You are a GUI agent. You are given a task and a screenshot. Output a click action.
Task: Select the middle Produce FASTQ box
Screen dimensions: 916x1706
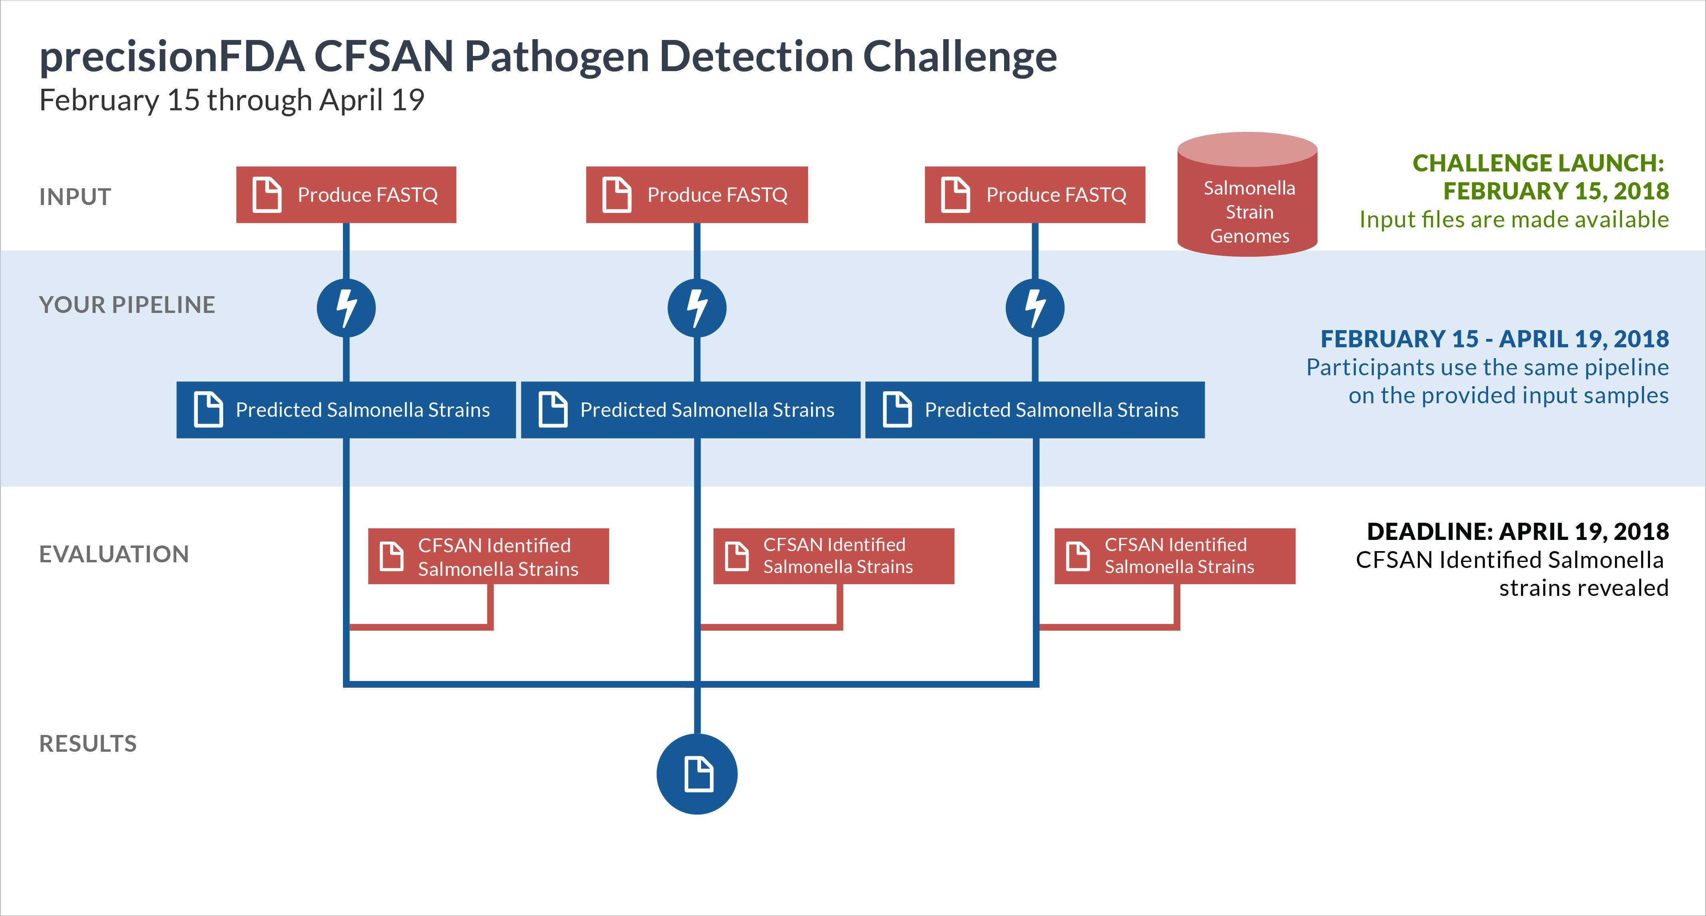coord(697,195)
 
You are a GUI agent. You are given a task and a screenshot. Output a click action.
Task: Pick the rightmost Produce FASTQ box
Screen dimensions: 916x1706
coord(1034,195)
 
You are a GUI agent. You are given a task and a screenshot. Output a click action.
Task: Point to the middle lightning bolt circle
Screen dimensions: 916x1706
coord(697,308)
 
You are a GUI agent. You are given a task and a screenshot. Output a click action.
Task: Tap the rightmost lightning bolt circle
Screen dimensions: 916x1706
coord(1034,308)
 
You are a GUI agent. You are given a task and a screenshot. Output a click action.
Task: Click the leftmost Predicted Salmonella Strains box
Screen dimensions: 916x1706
coord(346,410)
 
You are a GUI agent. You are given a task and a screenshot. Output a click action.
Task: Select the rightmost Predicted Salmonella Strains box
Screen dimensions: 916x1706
coord(1034,410)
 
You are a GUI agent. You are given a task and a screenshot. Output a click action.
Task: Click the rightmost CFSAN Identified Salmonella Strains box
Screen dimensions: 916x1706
coord(1174,556)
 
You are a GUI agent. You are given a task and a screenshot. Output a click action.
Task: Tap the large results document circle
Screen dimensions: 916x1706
coord(697,774)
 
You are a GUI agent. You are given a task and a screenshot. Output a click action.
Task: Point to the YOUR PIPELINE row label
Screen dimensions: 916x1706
coord(127,305)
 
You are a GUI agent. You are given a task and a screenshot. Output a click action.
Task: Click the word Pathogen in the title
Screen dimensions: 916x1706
coord(556,57)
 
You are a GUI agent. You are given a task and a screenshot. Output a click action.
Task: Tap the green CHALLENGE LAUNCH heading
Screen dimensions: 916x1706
coord(1538,163)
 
